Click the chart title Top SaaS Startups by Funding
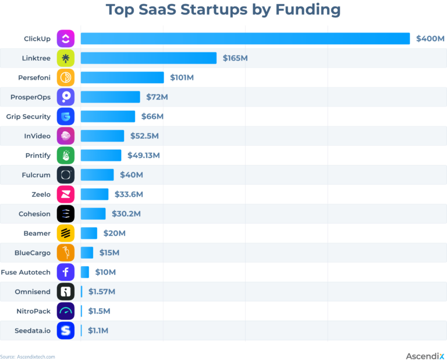coord(223,10)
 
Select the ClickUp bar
coord(245,38)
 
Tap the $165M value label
coord(236,58)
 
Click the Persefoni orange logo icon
coord(66,77)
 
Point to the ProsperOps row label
coord(30,97)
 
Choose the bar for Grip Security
coord(108,117)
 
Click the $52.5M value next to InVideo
coord(144,136)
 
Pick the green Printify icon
coord(66,156)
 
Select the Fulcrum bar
coord(97,175)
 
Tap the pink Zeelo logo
coord(66,194)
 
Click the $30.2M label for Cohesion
coord(126,214)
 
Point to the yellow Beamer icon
coord(66,233)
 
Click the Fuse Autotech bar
coord(85,272)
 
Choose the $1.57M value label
coord(102,291)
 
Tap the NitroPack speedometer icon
coord(66,311)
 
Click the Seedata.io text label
coord(33,330)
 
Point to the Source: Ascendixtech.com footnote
coord(27,357)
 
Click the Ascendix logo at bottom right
coord(425,355)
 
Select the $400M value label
coord(430,38)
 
